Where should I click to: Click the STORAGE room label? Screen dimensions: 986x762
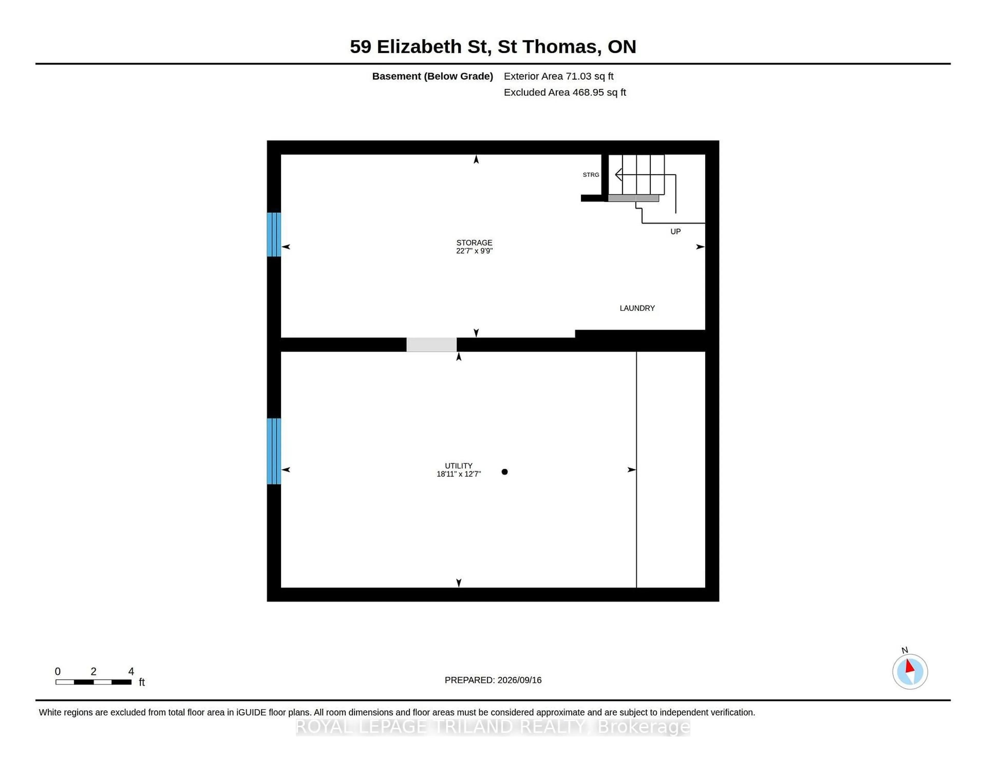(x=474, y=242)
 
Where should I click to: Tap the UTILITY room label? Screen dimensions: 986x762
(x=459, y=465)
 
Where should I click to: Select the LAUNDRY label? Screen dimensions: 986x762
(x=637, y=308)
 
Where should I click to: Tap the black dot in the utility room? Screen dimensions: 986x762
(x=505, y=472)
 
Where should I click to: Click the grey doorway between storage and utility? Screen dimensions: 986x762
(x=432, y=345)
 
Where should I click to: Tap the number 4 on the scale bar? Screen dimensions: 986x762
(x=131, y=671)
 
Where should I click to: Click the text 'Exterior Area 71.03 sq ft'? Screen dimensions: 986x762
(x=558, y=76)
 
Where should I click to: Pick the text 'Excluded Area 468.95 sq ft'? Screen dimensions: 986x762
(x=565, y=92)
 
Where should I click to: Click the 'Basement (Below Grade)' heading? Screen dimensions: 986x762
(x=432, y=76)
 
